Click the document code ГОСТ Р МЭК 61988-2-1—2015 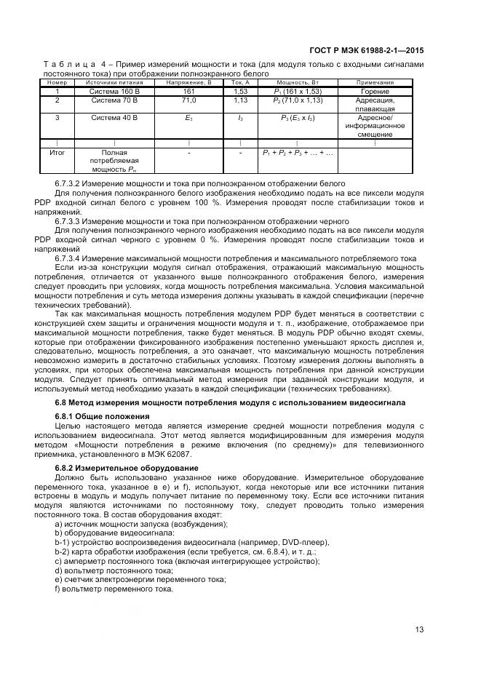[366, 50]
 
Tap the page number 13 [419, 629]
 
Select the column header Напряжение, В [188, 82]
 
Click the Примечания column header [375, 82]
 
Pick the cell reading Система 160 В [114, 92]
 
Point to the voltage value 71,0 [188, 100]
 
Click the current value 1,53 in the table [240, 92]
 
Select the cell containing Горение [375, 92]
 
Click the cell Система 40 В [114, 117]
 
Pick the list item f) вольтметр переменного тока [114, 588]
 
